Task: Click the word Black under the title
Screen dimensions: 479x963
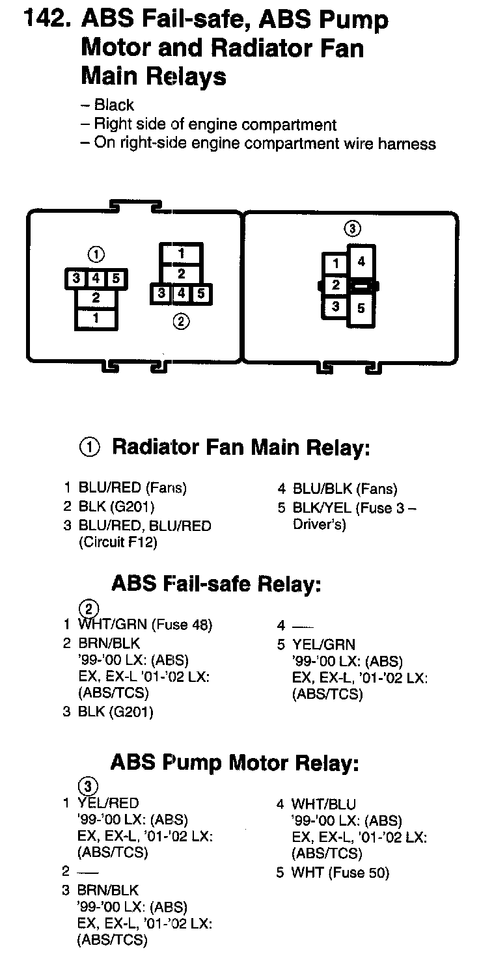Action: [114, 105]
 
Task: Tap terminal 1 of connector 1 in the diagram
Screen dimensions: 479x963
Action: [96, 319]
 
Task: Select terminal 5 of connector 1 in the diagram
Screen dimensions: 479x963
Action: [116, 278]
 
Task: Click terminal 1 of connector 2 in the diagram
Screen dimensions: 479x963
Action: [181, 254]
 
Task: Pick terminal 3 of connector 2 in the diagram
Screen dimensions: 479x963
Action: [161, 293]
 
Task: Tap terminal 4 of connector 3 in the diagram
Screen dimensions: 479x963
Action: [361, 262]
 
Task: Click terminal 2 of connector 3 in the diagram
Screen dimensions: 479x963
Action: [336, 284]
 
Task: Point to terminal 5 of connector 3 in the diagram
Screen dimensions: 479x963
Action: [361, 308]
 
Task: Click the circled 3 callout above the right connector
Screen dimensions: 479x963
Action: [353, 229]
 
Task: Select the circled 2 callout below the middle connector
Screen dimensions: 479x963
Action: [181, 321]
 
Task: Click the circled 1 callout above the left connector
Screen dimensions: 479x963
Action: [96, 254]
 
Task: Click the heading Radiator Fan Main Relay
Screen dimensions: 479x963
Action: [241, 447]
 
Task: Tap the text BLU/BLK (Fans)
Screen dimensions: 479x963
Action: [345, 489]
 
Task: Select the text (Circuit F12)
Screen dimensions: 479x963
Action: [118, 542]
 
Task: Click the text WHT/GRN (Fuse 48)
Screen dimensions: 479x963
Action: [145, 624]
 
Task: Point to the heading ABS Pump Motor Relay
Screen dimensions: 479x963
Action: [235, 763]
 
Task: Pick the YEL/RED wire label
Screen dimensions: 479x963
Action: [108, 803]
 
